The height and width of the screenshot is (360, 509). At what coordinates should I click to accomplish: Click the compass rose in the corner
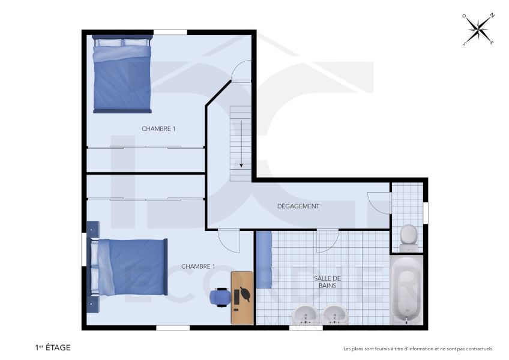(x=478, y=29)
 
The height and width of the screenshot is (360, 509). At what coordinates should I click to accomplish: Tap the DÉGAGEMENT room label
(x=298, y=206)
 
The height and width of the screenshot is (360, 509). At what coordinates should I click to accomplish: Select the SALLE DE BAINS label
(x=327, y=282)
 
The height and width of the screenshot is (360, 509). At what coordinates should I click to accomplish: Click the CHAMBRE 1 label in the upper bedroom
(x=158, y=128)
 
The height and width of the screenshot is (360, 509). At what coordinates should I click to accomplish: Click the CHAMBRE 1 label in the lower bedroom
(x=198, y=266)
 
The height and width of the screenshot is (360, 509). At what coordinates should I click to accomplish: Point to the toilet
(x=408, y=236)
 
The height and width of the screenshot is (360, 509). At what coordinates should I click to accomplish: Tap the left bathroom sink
(x=306, y=314)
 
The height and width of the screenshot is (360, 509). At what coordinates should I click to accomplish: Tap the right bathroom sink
(x=334, y=314)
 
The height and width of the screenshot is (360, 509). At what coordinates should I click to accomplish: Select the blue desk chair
(x=220, y=296)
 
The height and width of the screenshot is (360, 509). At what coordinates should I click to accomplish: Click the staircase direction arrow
(x=241, y=143)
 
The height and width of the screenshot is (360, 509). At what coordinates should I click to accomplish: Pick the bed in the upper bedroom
(x=121, y=73)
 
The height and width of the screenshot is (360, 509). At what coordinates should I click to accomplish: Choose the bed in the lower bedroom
(x=127, y=268)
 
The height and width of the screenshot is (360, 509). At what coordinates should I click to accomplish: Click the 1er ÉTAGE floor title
(x=53, y=347)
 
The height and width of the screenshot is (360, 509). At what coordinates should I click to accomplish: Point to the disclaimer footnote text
(x=418, y=349)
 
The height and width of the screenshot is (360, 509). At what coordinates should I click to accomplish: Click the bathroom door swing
(x=327, y=241)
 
